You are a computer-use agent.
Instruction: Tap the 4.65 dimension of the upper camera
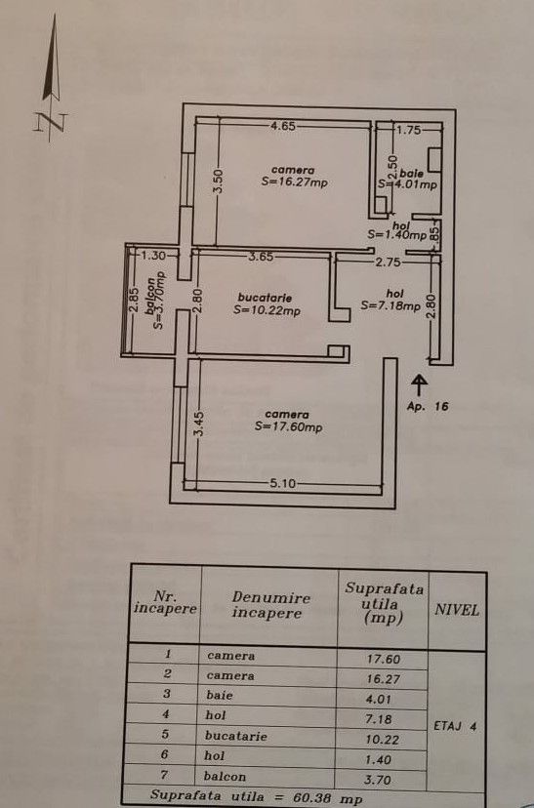coord(283,125)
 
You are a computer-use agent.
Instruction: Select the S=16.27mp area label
coord(293,181)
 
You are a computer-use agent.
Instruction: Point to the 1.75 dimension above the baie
coord(407,129)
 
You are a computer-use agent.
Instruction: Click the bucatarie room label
coord(266,298)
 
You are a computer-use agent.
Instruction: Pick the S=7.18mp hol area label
coord(390,304)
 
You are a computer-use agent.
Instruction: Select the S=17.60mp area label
coord(289,426)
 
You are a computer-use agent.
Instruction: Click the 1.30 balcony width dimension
coord(155,256)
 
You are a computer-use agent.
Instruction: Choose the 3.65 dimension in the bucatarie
coord(260,257)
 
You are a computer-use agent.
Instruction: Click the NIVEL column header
coord(457,610)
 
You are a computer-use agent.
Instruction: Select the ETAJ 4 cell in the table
coord(456,725)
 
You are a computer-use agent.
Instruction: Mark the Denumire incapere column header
coord(270,605)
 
